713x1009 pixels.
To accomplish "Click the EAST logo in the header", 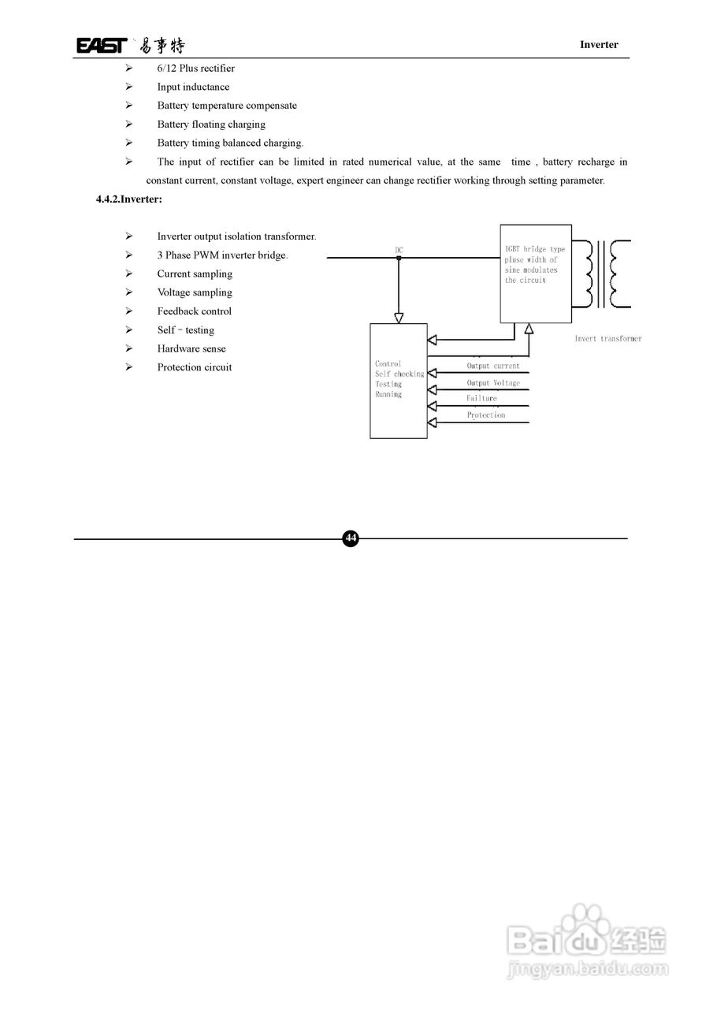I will (x=101, y=45).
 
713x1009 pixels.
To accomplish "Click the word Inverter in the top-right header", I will (x=599, y=45).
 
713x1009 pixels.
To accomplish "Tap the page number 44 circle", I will (x=351, y=538).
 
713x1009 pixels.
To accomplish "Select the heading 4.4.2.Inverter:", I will (x=129, y=199).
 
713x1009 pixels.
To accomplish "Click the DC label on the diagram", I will (x=399, y=251).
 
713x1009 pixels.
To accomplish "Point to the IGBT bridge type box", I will (x=536, y=274).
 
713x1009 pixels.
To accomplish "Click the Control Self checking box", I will (x=399, y=381).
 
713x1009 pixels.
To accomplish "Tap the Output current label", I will (x=493, y=366).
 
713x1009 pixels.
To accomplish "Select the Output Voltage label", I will (x=493, y=383).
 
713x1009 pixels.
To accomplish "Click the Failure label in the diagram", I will (x=481, y=399).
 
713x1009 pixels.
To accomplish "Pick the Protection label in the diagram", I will (x=485, y=415).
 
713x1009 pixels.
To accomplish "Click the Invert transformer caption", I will (x=607, y=339).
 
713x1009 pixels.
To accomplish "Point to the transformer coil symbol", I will (x=606, y=274).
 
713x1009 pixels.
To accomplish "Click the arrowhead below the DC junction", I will (x=399, y=318).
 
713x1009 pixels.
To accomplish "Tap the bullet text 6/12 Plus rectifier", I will (x=195, y=69).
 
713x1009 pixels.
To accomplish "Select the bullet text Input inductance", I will (x=193, y=87).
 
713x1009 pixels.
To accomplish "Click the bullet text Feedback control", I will (x=194, y=311).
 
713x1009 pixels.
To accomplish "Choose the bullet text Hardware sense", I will (x=191, y=348).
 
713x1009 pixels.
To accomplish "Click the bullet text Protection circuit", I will (x=194, y=367).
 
